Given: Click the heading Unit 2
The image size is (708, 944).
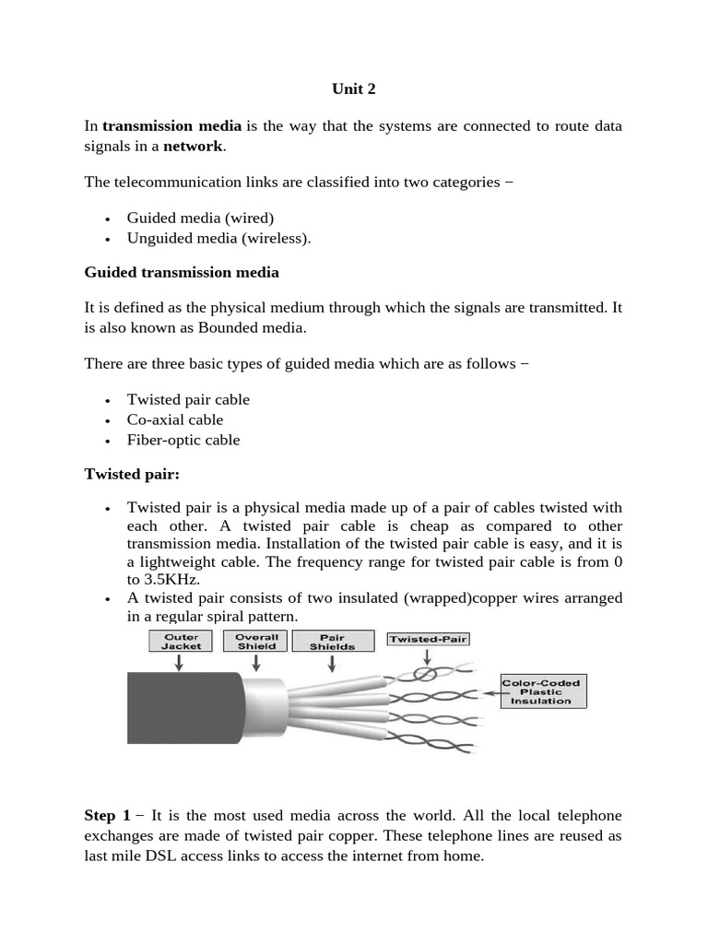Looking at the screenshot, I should tap(354, 89).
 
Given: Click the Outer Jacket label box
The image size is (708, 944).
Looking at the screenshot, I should tap(181, 642).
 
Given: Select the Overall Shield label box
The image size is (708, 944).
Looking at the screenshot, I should tap(257, 642).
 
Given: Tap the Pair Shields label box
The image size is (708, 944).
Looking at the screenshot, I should tap(333, 642).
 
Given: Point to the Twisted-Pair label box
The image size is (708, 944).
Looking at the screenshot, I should tap(425, 638).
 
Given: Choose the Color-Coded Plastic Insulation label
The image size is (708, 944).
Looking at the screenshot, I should tap(543, 691).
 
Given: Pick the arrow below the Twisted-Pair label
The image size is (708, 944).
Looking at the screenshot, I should tap(426, 657).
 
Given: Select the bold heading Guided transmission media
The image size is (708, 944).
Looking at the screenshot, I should tap(182, 273).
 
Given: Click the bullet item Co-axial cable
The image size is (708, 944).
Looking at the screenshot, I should tap(175, 419).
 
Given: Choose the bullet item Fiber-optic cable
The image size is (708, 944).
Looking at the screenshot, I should tap(183, 440).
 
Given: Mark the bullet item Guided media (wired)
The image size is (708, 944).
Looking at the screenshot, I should tap(200, 218).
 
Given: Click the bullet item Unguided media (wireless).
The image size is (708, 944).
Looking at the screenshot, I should tap(219, 238).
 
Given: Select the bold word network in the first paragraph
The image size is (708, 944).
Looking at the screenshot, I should tap(194, 147).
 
